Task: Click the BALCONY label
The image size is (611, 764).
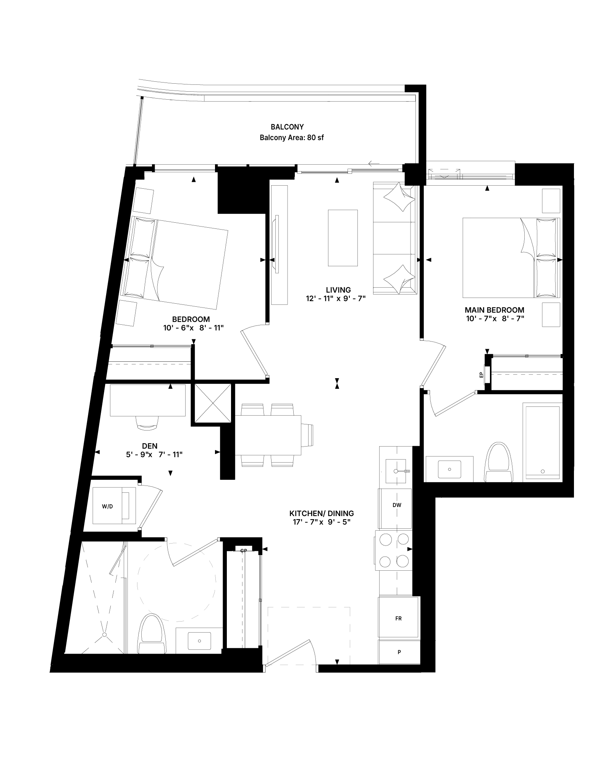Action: (287, 127)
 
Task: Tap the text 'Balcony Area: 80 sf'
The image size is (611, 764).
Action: (292, 138)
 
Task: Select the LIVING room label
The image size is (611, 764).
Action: (338, 290)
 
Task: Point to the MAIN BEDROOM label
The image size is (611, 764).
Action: (495, 310)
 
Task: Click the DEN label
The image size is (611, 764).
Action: (150, 446)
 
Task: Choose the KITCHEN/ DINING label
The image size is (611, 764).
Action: (322, 513)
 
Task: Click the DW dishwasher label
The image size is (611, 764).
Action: (397, 505)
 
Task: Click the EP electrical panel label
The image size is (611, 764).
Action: (482, 375)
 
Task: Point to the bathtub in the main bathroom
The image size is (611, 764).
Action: (543, 442)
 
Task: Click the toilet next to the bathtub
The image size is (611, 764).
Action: (498, 462)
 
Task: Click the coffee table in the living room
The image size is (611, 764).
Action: (343, 238)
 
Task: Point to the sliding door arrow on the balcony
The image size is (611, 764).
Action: (374, 164)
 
